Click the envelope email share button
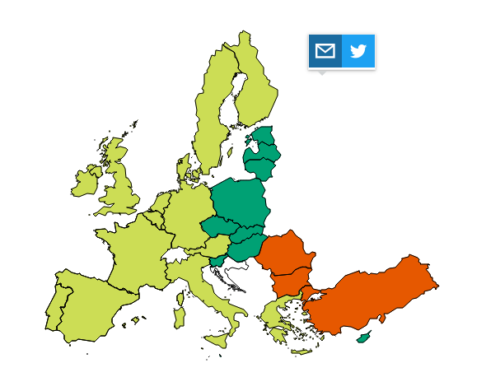(325, 51)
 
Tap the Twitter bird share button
(358, 51)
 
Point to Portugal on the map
(57, 305)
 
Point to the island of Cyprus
(362, 337)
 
